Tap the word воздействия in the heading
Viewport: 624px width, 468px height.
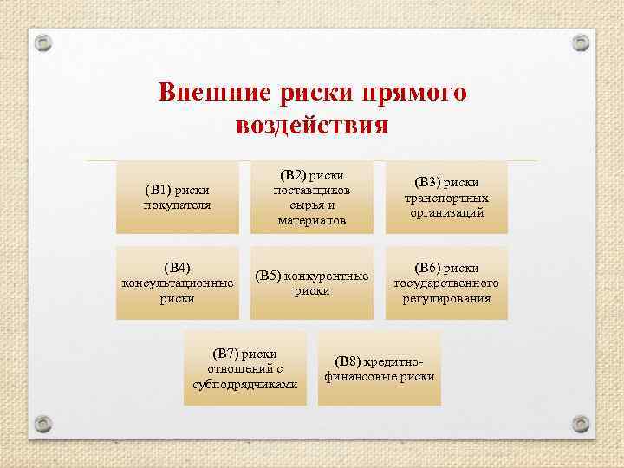[312, 125]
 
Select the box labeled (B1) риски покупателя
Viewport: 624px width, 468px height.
[178, 197]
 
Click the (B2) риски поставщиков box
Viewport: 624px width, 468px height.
[312, 197]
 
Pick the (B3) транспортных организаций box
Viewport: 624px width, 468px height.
[446, 197]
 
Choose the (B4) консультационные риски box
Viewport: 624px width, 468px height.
[178, 283]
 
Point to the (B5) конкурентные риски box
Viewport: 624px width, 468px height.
[312, 283]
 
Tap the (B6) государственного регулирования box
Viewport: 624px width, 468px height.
[446, 283]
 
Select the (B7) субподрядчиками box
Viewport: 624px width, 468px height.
[245, 369]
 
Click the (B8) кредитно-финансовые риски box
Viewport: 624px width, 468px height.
[379, 369]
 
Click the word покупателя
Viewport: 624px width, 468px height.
[178, 205]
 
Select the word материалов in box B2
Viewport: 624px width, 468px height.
[312, 221]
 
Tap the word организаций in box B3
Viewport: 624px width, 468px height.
[446, 212]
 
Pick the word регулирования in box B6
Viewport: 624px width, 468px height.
[446, 299]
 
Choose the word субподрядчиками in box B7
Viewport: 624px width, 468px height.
[245, 385]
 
